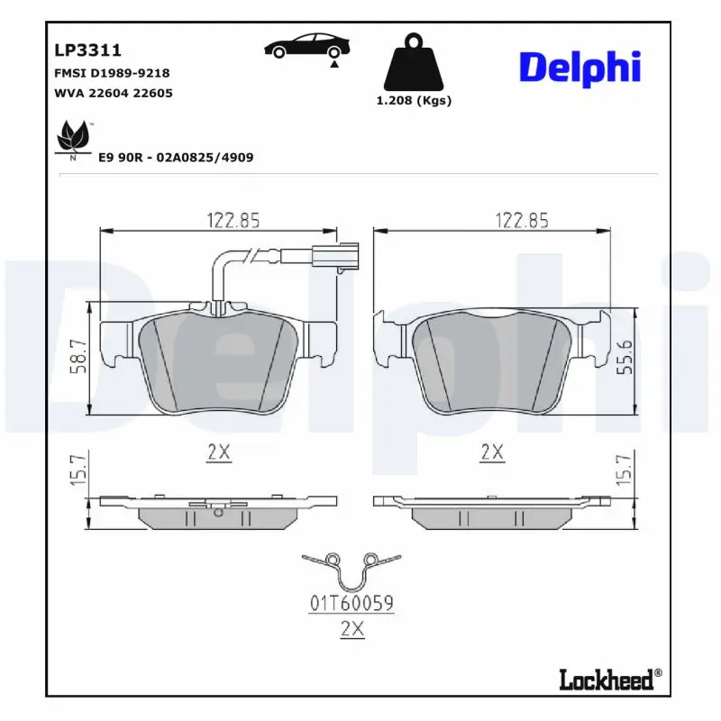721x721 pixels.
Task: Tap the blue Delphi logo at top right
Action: tap(580, 68)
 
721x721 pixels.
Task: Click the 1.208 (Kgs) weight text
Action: tap(414, 101)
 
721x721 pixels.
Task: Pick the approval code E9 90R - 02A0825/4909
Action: tap(175, 157)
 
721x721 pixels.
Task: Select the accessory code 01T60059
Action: tap(351, 604)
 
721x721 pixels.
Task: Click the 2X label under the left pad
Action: tap(218, 452)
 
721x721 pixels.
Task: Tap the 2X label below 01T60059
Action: tap(351, 631)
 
